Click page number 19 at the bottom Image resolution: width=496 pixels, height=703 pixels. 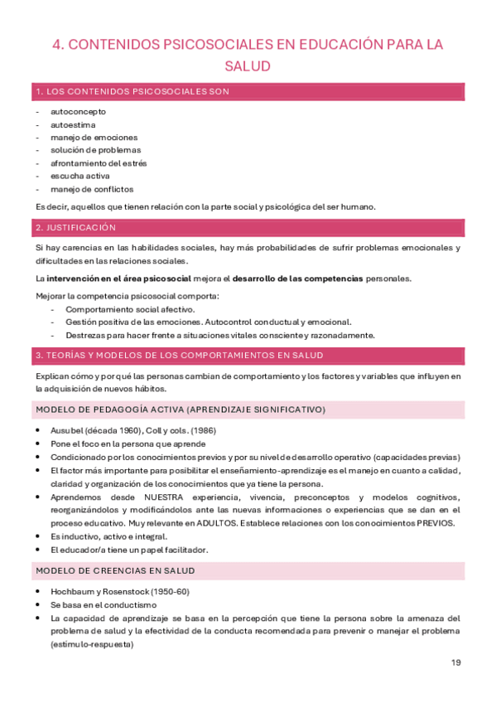pyautogui.click(x=456, y=662)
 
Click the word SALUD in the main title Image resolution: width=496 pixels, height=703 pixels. pyautogui.click(x=248, y=65)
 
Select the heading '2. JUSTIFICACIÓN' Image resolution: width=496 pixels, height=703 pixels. pyautogui.click(x=75, y=227)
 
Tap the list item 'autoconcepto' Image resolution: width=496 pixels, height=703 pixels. pyautogui.click(x=78, y=111)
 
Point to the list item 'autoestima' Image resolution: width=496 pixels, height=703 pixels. pyautogui.click(x=74, y=124)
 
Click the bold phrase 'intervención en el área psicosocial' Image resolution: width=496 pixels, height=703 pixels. pyautogui.click(x=119, y=278)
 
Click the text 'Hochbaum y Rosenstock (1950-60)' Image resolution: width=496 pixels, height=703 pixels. pyautogui.click(x=120, y=593)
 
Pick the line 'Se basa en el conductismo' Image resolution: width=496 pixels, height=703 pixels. pyautogui.click(x=104, y=605)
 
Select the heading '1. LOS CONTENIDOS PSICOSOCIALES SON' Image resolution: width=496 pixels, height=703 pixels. pyautogui.click(x=132, y=91)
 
